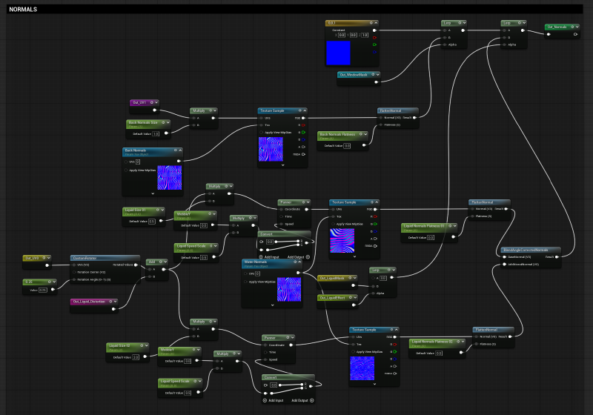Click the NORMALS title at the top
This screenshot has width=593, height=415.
pos(23,10)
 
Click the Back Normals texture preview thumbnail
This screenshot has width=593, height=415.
pos(170,176)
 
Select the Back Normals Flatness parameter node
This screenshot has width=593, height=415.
pos(343,135)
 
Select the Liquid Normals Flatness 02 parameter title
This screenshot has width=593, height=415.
pos(437,342)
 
